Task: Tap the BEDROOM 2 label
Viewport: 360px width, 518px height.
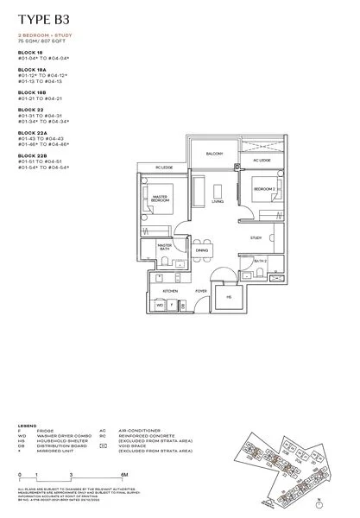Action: (x=263, y=187)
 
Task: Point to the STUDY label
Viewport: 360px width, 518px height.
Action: (x=256, y=237)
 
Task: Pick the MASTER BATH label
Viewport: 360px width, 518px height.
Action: (x=164, y=247)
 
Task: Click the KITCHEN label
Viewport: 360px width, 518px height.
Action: (x=170, y=292)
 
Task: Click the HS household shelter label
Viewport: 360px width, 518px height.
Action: (x=229, y=298)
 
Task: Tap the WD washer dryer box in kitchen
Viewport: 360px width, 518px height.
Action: (x=161, y=305)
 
